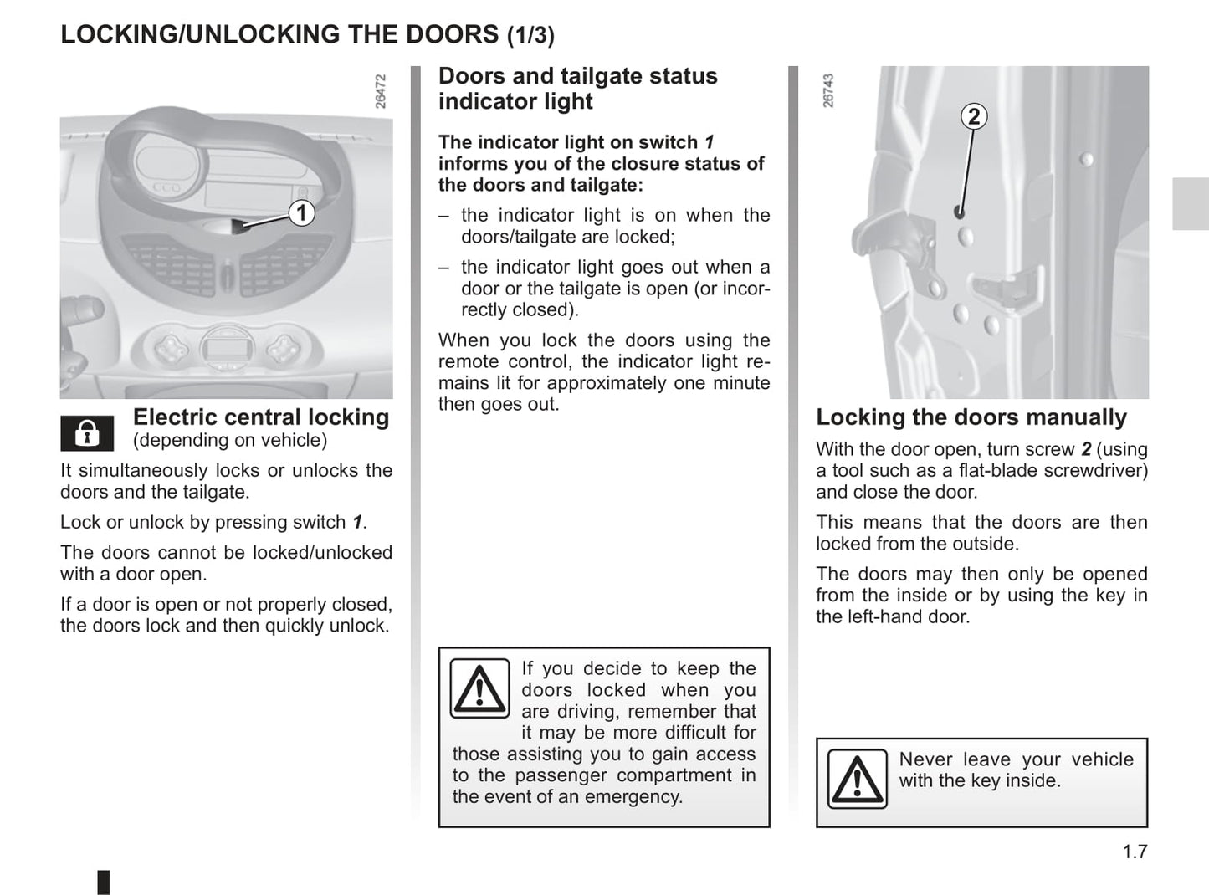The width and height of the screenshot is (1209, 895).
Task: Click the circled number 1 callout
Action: coord(301,212)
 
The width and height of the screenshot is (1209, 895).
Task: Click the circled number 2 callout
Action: coord(973,116)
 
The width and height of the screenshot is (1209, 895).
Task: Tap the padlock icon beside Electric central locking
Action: coord(87,433)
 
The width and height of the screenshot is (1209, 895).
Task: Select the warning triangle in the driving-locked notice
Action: coord(479,688)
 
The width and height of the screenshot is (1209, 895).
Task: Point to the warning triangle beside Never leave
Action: coord(857,780)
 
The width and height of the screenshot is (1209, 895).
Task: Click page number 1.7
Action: coord(1135,852)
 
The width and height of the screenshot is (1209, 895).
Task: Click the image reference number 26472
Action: coord(381,91)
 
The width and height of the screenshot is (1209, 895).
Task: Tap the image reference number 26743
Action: coord(828,90)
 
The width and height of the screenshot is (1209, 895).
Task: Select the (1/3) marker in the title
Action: coord(530,35)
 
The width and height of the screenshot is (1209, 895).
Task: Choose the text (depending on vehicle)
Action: coord(230,440)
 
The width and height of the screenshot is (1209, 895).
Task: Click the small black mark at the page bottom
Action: coord(103,882)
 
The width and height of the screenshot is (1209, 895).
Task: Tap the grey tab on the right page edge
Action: coord(1190,203)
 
